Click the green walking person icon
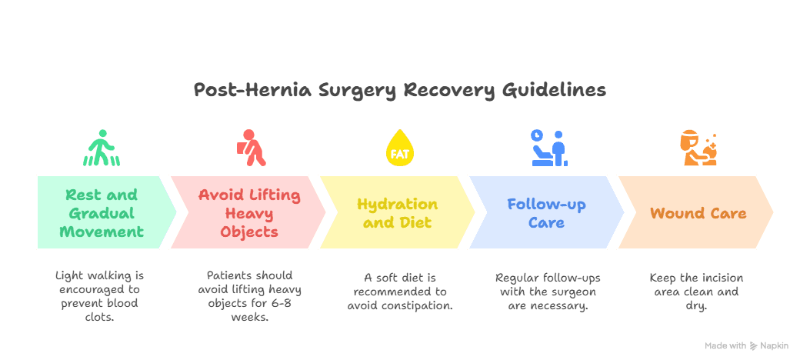pos(102,148)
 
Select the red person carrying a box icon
pos(251,148)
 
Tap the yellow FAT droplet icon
pos(400,148)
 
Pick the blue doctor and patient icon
pos(549,148)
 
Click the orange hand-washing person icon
pos(698,149)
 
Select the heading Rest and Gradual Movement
pos(102,213)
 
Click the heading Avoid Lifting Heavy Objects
pos(249,213)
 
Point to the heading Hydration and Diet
pos(398,213)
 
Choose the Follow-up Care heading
pos(546,213)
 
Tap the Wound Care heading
pos(698,213)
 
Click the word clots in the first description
pos(100,316)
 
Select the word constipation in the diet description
pos(425,306)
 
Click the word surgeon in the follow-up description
pos(577,292)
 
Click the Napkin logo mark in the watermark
pos(754,346)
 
